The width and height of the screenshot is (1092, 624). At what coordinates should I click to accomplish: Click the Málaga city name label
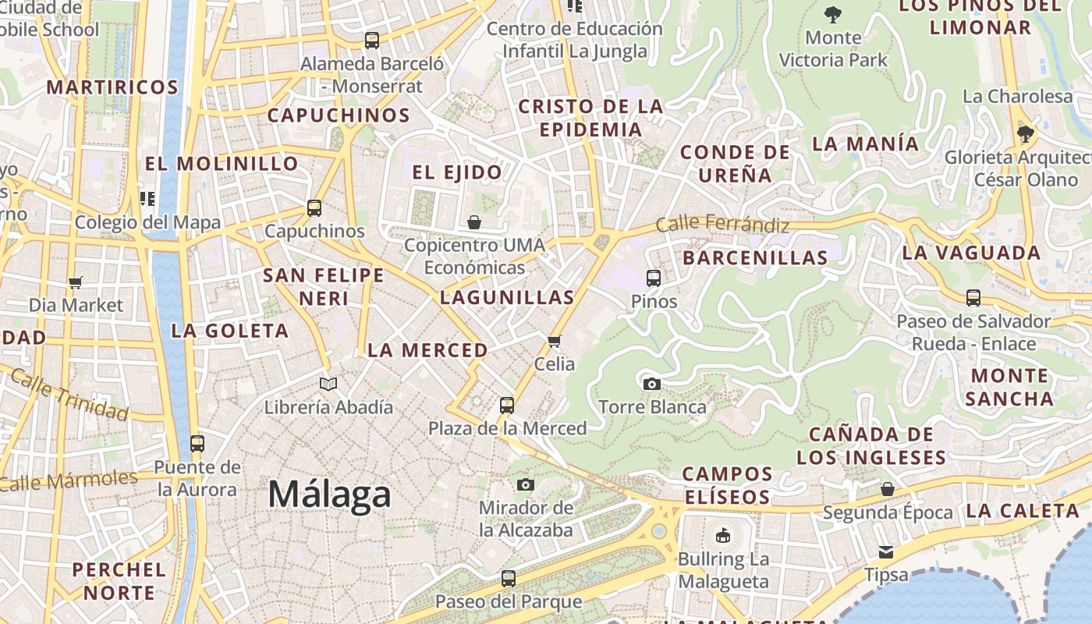(329, 495)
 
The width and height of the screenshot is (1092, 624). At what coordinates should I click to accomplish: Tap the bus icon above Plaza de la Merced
(507, 406)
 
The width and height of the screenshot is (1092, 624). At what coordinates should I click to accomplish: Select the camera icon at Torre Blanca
(652, 384)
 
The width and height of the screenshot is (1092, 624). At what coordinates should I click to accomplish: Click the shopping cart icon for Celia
(555, 341)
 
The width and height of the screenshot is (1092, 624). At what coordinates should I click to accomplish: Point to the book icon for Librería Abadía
(328, 384)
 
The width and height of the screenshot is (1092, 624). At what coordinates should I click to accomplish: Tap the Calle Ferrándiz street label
(722, 225)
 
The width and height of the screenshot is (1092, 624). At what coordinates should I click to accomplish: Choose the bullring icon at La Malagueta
(723, 536)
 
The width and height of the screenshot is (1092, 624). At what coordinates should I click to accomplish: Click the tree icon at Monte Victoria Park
(833, 14)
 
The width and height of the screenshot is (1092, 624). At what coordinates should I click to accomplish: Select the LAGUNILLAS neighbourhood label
(507, 297)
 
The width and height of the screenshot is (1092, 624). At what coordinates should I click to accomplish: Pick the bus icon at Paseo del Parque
(509, 579)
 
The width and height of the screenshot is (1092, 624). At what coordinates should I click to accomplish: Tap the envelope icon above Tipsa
(886, 552)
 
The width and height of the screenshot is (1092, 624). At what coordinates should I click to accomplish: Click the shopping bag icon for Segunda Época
(888, 490)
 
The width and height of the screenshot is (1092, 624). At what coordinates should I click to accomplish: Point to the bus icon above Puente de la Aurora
(197, 444)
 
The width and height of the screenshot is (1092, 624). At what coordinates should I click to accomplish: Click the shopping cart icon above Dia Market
(76, 282)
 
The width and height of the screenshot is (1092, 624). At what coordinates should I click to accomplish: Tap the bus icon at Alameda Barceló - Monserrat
(372, 40)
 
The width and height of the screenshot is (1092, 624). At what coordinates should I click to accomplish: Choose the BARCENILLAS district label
(755, 257)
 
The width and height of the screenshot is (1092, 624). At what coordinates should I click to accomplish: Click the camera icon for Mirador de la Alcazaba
(526, 485)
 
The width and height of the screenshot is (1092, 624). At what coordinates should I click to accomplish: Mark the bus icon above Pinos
(654, 278)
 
